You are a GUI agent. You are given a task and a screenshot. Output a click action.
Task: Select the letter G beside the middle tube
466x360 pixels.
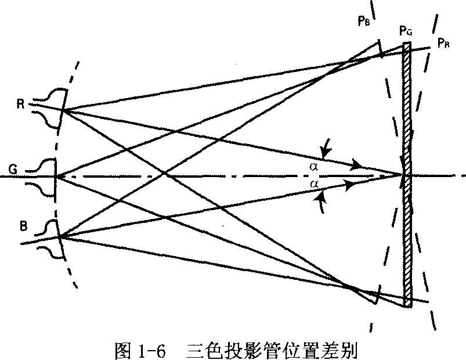click(13, 170)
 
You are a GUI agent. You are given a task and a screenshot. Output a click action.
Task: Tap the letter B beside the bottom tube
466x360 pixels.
click(23, 226)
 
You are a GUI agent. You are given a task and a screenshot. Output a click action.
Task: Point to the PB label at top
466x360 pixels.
click(364, 21)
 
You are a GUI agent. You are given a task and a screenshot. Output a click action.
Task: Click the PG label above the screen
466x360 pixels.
click(406, 31)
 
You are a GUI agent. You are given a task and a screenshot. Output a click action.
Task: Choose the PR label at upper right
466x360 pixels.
click(443, 43)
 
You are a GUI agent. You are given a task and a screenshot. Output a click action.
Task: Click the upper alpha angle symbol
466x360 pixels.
click(314, 167)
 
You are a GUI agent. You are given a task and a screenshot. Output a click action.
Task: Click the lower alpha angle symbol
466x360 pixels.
click(314, 184)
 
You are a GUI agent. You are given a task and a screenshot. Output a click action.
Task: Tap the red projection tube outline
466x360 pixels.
click(50, 109)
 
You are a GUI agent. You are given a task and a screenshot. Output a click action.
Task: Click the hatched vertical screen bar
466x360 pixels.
click(407, 175)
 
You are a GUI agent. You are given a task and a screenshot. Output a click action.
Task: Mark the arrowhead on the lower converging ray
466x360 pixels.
click(351, 185)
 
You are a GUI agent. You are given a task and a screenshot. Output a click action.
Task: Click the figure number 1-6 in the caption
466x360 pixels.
click(151, 351)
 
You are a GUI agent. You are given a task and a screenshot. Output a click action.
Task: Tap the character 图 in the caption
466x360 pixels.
click(123, 351)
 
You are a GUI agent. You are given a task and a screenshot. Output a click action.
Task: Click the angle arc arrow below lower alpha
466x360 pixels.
click(319, 203)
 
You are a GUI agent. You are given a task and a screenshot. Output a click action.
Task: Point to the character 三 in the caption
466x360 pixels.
click(194, 351)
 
